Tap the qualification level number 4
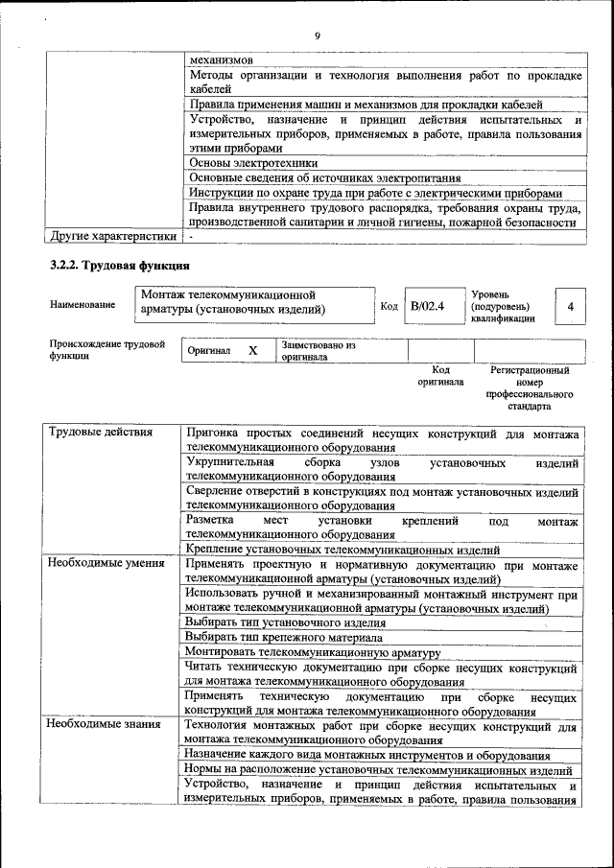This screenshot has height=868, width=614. (x=571, y=307)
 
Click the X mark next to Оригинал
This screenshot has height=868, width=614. (x=253, y=351)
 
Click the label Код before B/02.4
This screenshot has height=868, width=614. (x=389, y=307)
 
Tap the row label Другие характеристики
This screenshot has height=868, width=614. (x=112, y=235)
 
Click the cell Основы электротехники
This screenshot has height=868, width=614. (x=253, y=163)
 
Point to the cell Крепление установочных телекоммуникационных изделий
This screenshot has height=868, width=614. (x=342, y=550)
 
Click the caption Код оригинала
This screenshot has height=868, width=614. (x=440, y=375)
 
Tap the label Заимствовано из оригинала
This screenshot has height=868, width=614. (x=318, y=351)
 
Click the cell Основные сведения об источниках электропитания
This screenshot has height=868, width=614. (x=324, y=177)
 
